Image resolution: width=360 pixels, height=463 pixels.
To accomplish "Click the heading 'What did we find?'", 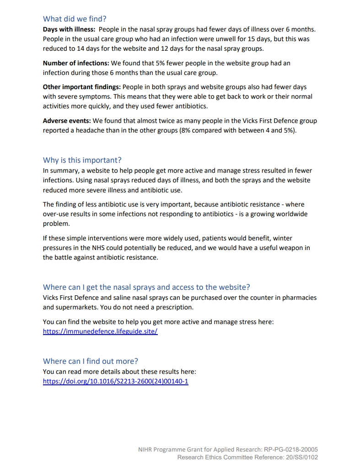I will tap(75, 19).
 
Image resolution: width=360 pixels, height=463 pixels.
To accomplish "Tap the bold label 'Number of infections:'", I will tap(76, 63).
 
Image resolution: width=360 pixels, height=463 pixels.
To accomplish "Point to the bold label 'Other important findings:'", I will tap(81, 87).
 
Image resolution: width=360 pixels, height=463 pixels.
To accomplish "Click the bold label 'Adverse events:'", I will tap(67, 121).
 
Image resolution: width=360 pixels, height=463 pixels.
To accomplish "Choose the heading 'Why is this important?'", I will tap(82, 160).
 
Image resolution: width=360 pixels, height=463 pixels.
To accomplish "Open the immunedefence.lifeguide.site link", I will tap(100, 331).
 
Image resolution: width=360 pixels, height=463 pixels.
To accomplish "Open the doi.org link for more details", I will tap(115, 381).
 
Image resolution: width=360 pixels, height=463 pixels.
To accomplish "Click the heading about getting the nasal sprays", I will tap(146, 287).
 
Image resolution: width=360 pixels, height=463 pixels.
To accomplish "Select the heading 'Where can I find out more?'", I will tap(91, 361).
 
